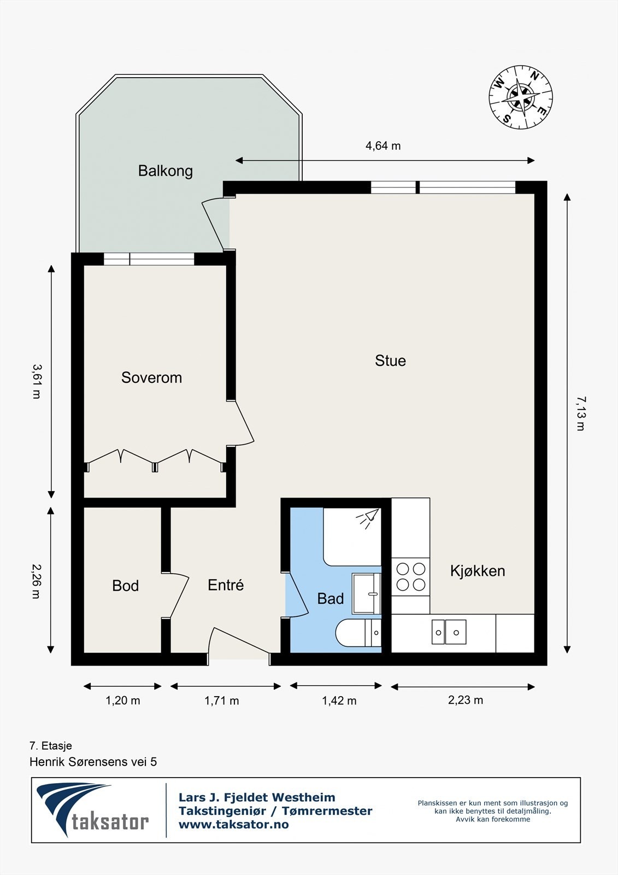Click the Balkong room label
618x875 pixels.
[166, 171]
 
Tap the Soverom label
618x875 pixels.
[151, 378]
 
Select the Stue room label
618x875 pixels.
[390, 360]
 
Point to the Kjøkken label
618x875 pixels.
[478, 571]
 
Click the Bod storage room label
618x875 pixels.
[125, 586]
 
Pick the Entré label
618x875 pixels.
[226, 585]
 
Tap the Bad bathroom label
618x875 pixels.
[330, 598]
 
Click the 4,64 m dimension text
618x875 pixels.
[383, 146]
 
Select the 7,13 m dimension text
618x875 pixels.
[581, 413]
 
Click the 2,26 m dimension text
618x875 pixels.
[36, 581]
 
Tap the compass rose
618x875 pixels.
[520, 97]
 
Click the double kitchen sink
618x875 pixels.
[449, 632]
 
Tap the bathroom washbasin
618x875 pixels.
[366, 593]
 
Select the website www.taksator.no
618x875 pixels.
[233, 825]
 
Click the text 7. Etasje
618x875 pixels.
[51, 746]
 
